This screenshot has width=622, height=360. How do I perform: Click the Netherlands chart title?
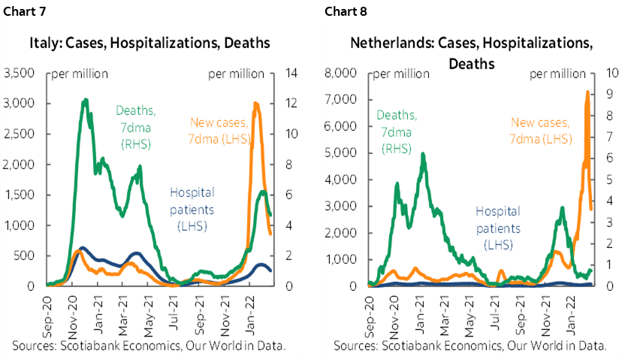[x=471, y=53]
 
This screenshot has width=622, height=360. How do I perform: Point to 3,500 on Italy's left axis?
[x=19, y=73]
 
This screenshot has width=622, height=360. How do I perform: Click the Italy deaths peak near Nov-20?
[x=86, y=100]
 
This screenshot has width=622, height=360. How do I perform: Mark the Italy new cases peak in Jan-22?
[x=256, y=104]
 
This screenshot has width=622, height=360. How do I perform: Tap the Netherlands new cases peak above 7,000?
[x=587, y=92]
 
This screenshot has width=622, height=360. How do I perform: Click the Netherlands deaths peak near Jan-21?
[x=423, y=155]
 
